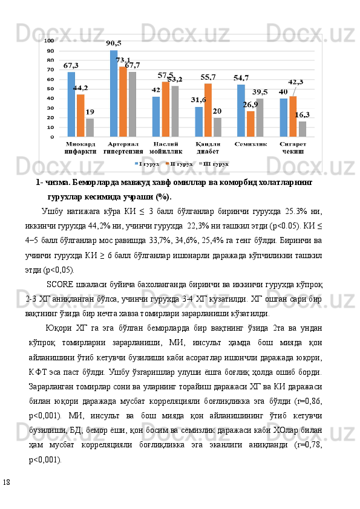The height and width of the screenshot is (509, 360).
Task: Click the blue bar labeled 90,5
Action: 114,94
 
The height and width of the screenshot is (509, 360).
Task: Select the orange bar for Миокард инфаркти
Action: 80,115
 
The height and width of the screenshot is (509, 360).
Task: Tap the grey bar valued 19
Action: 90,128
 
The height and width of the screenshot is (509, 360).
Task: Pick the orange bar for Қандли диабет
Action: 208,110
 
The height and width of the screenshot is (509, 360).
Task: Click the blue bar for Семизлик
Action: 241,111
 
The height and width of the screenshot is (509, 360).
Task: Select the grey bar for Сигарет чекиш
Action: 302,129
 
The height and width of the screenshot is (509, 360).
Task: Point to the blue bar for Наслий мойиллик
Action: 156,117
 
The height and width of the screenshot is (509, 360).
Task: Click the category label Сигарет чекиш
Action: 293,148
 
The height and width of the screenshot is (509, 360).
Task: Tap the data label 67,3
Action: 71,65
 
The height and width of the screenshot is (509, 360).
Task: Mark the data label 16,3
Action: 303,114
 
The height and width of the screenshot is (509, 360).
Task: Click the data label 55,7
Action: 208,77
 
